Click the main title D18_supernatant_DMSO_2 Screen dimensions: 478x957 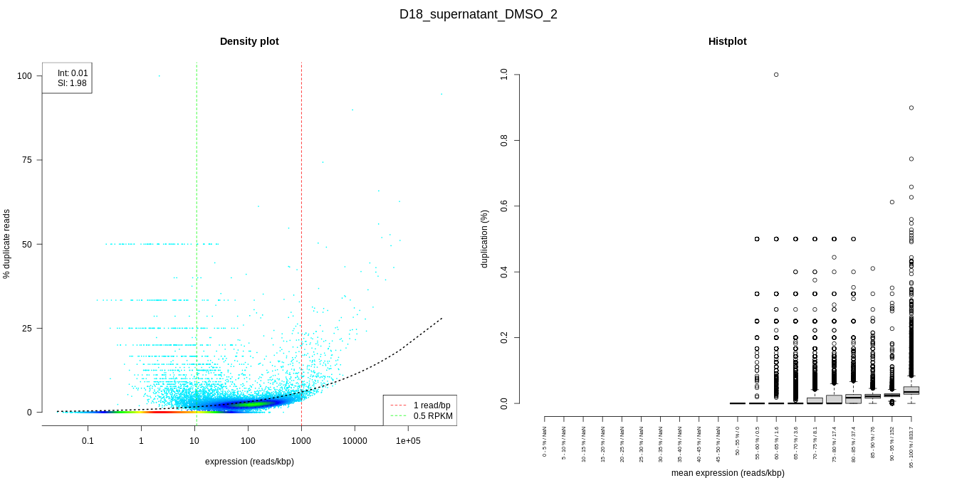[478, 14]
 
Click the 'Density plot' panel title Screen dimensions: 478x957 [249, 41]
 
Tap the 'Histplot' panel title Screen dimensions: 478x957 [727, 41]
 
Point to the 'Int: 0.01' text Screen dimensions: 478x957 [73, 73]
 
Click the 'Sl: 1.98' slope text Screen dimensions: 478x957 [72, 83]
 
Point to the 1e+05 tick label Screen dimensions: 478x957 [408, 441]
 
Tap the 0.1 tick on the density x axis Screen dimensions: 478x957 [88, 441]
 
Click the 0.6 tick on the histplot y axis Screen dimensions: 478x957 [504, 206]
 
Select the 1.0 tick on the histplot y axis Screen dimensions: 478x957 [504, 74]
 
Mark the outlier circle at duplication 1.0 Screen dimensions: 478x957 [776, 74]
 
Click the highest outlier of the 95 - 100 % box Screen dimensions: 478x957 [911, 107]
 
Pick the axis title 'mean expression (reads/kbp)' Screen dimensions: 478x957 [727, 473]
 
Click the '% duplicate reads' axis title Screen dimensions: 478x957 [7, 243]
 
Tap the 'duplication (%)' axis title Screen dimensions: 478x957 [485, 238]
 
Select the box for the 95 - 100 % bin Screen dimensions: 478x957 [911, 391]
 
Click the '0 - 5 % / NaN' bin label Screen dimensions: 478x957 [545, 442]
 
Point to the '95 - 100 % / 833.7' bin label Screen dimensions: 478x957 [911, 447]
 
